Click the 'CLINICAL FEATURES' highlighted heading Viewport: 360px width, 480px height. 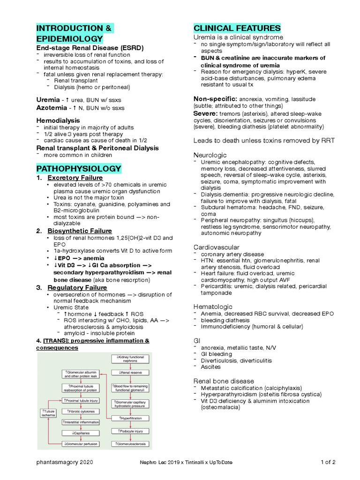pyautogui.click(x=237, y=27)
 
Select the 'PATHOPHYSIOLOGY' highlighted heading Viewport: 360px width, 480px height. pyautogui.click(x=79, y=168)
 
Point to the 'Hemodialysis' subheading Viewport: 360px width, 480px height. pyautogui.click(x=58, y=120)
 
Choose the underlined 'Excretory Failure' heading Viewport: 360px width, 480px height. pyautogui.click(x=75, y=178)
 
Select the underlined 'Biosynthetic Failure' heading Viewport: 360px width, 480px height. pyautogui.click(x=80, y=231)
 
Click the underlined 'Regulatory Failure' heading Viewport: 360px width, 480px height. pyautogui.click(x=77, y=287)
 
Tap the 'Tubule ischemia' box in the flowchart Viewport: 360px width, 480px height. pyautogui.click(x=48, y=412)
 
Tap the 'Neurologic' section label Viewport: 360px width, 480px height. pyautogui.click(x=210, y=155)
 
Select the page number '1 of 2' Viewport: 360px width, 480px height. pyautogui.click(x=328, y=462)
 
